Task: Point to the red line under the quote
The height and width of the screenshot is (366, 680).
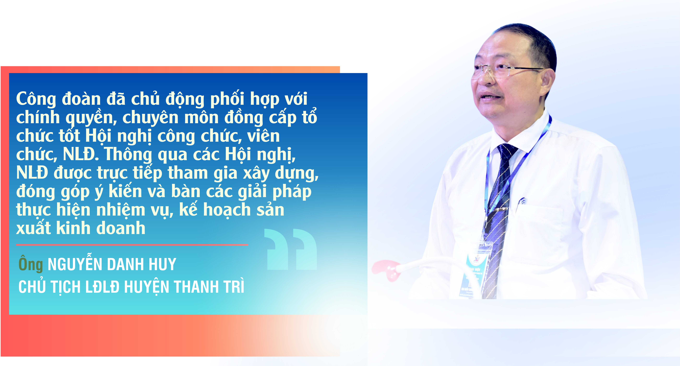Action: click(132, 245)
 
